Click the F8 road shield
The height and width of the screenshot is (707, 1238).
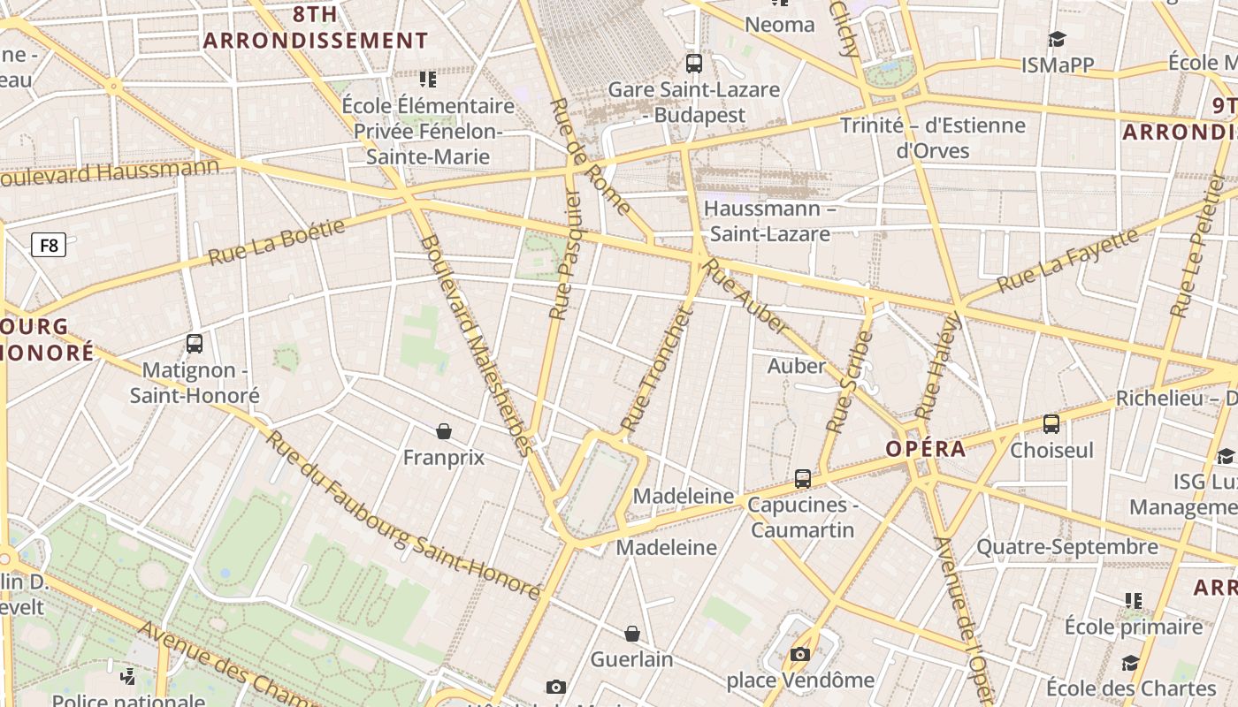click(x=49, y=245)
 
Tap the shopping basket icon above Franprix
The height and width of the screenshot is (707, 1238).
click(x=444, y=431)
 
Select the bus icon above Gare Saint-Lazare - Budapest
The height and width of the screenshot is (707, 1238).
click(x=694, y=64)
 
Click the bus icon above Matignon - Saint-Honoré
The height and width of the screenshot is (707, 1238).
click(x=195, y=344)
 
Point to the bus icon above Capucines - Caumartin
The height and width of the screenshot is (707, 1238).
click(x=803, y=479)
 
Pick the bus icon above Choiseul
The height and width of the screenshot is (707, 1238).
click(x=1051, y=424)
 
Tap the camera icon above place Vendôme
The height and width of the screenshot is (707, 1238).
click(x=800, y=655)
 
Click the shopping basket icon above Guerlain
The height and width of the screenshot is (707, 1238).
click(x=632, y=634)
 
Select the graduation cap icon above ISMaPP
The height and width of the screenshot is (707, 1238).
click(x=1057, y=39)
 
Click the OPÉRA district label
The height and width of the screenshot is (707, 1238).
click(x=926, y=449)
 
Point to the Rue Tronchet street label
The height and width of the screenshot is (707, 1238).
click(x=655, y=370)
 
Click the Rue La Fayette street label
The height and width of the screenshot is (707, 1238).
click(x=1066, y=261)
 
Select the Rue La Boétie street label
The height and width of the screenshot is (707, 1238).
click(x=277, y=243)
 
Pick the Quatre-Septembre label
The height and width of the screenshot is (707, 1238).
click(x=1066, y=547)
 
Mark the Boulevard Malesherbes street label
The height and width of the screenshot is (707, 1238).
click(x=478, y=345)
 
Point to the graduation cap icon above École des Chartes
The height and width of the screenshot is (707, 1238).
click(x=1130, y=663)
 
